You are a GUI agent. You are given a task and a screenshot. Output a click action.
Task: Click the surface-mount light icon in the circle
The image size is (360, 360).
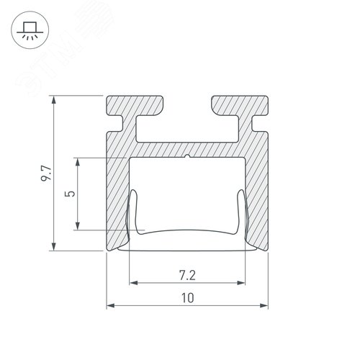click(29, 30)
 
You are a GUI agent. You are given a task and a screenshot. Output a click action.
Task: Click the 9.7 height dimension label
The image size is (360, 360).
click(45, 173)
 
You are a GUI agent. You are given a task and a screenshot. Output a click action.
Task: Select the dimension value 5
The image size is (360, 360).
click(68, 194)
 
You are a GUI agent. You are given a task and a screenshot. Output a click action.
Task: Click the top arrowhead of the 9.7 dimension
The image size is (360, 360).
click(54, 99)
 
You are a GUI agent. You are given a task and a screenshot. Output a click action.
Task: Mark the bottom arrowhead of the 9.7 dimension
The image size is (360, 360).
click(54, 246)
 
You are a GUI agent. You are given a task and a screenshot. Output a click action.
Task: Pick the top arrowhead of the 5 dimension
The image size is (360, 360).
click(78, 161)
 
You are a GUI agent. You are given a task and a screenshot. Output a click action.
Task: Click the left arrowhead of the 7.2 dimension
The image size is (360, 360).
click(132, 283)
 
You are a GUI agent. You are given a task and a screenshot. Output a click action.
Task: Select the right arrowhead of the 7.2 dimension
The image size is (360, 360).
click(241, 283)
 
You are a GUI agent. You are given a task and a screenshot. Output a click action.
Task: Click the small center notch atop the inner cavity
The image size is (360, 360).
click(187, 156)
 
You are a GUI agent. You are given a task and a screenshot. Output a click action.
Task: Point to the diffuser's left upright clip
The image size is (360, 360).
click(132, 212)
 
